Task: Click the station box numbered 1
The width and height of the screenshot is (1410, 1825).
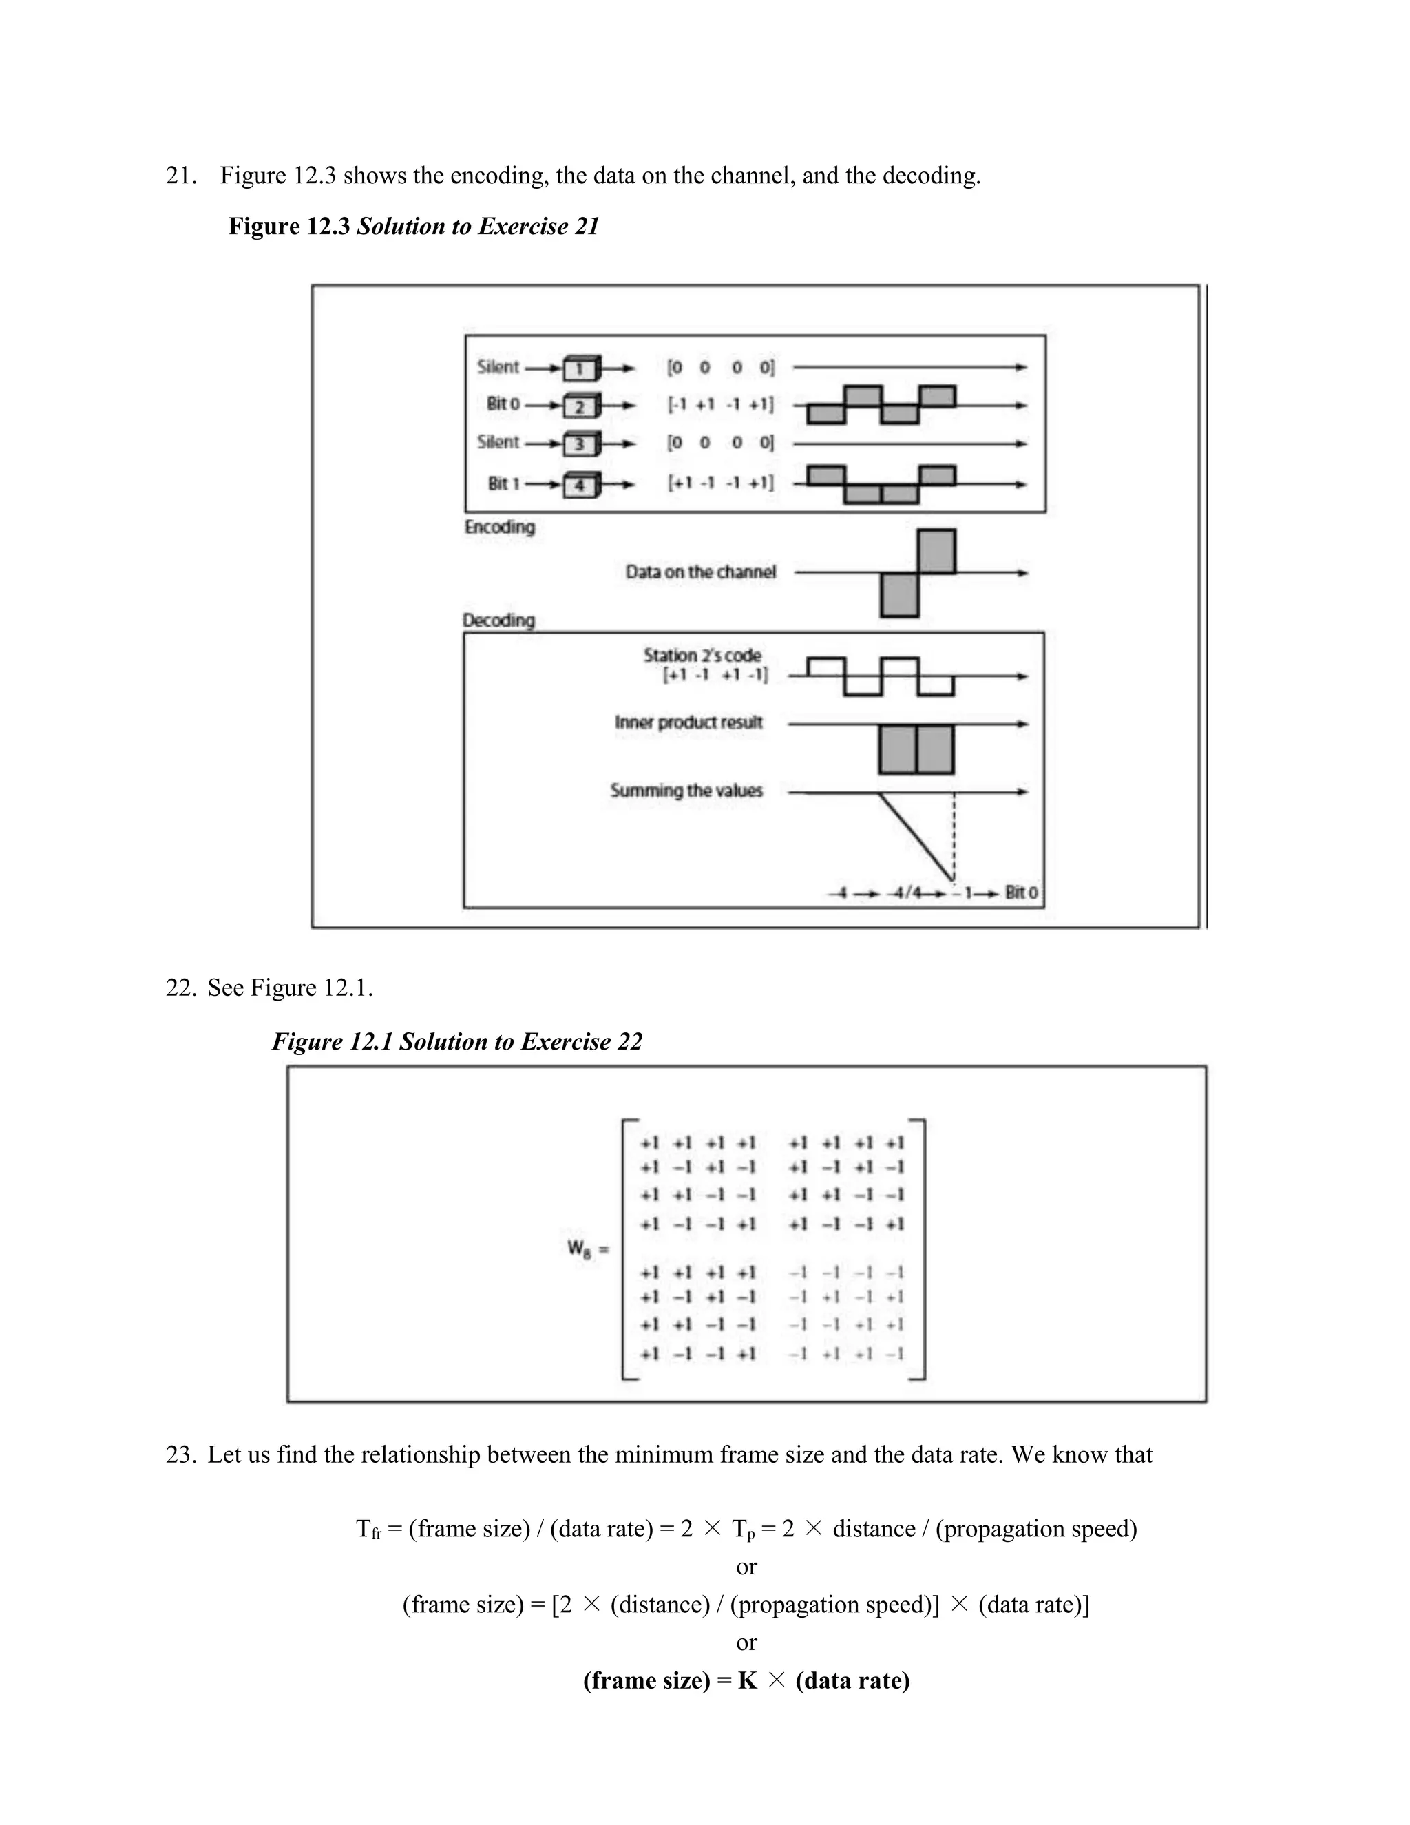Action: click(x=580, y=368)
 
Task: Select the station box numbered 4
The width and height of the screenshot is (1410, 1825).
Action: click(x=580, y=486)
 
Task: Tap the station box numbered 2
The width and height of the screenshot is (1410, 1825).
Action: click(x=580, y=407)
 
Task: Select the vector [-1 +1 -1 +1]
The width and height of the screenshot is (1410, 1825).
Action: click(x=720, y=405)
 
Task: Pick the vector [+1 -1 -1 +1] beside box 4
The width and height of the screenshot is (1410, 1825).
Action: click(x=720, y=483)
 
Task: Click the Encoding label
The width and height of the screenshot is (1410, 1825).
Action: click(x=500, y=528)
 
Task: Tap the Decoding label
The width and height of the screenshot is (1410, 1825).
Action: click(x=498, y=620)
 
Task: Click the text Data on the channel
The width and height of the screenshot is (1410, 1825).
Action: click(x=700, y=572)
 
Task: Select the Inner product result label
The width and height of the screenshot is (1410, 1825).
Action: click(x=688, y=723)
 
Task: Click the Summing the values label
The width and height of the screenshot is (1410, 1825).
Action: click(x=686, y=791)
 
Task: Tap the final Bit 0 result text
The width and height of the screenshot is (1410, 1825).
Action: click(x=1021, y=893)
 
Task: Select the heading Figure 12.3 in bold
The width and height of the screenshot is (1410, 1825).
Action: click(x=289, y=227)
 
